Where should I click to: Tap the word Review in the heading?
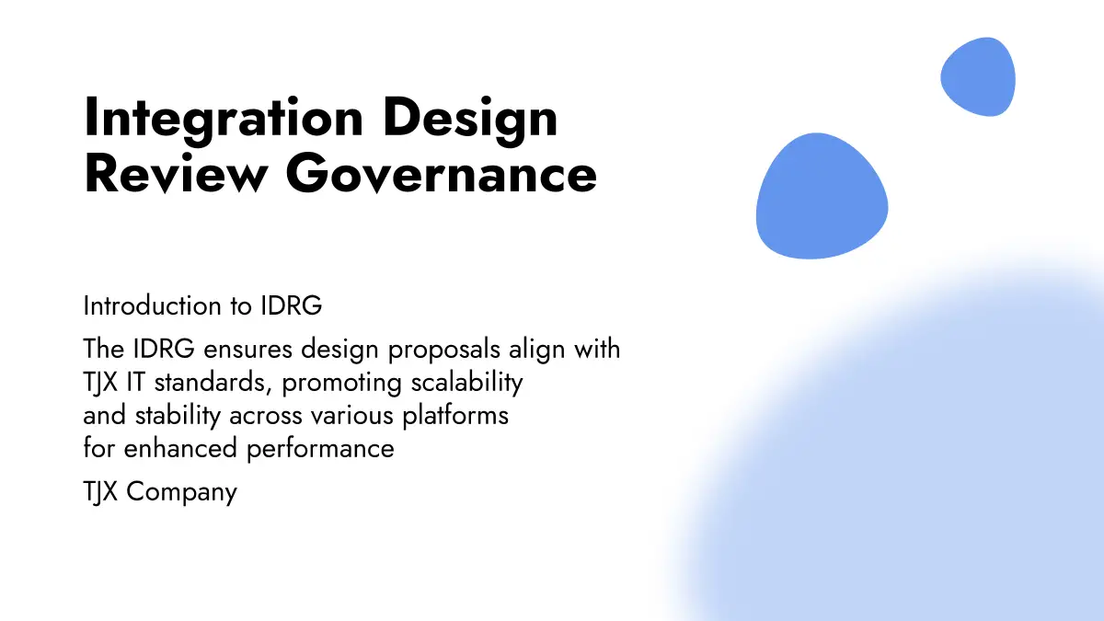click(177, 173)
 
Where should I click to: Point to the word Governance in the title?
click(441, 173)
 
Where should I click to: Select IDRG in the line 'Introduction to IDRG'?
click(292, 305)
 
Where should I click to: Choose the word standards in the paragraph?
click(213, 383)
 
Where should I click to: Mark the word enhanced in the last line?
click(180, 449)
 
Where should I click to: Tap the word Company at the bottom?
click(181, 493)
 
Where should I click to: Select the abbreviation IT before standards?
click(135, 383)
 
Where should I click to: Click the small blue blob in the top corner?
click(978, 77)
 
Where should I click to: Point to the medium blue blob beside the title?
click(822, 196)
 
